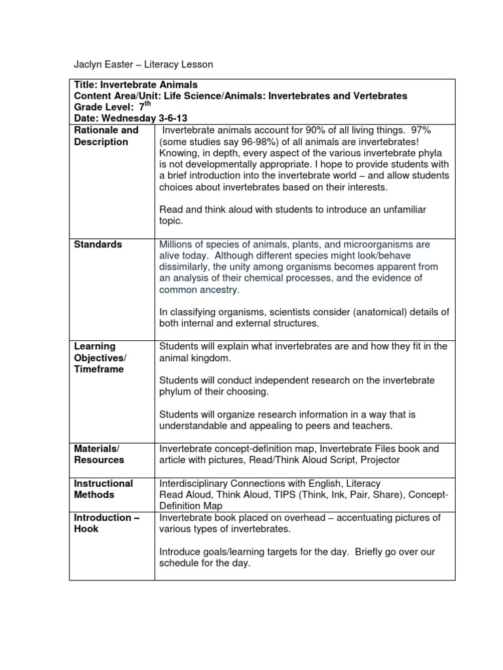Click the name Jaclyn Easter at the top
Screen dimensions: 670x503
pyautogui.click(x=103, y=65)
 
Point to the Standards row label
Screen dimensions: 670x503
pyautogui.click(x=98, y=244)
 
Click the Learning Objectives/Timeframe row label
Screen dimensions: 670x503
pyautogui.click(x=100, y=357)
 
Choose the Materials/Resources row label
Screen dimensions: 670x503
pyautogui.click(x=98, y=454)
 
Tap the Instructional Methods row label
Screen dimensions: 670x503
pyautogui.click(x=103, y=489)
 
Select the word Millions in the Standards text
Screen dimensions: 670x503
pyautogui.click(x=179, y=244)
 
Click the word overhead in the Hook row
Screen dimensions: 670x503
pyautogui.click(x=311, y=518)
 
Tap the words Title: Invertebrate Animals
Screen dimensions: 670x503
pyautogui.click(x=136, y=84)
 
